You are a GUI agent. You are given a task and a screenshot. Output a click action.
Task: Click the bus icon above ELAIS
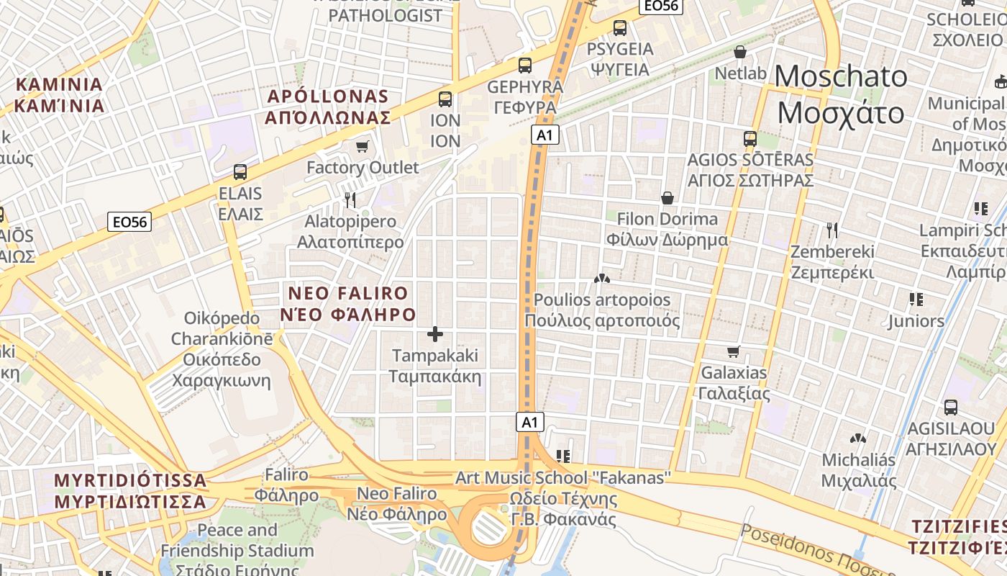[x=240, y=172]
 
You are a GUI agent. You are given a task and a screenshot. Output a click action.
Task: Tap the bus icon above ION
[x=445, y=99]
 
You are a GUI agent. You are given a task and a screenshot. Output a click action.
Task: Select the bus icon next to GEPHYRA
[x=525, y=66]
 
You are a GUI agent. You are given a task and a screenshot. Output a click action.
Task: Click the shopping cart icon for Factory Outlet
[x=362, y=147]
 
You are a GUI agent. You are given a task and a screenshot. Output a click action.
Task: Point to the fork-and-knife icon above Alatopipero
[x=350, y=199]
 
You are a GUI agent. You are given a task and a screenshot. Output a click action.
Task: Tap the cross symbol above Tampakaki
[x=435, y=334]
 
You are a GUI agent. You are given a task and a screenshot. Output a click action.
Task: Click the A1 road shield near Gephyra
[x=546, y=135]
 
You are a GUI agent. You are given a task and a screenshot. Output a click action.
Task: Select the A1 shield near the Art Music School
[x=530, y=422]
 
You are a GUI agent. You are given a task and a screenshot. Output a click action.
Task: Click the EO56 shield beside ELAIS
[x=130, y=222]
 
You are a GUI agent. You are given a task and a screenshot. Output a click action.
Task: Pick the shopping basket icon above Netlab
[x=740, y=53]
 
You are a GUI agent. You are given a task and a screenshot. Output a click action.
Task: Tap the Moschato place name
[x=841, y=94]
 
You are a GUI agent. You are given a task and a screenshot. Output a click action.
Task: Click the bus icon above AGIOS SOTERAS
[x=750, y=139]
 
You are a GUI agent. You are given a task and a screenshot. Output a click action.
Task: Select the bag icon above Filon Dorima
[x=667, y=198]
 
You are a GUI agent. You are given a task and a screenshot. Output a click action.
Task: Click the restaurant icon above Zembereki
[x=832, y=230]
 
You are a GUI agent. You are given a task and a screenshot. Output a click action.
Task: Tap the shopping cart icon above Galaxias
[x=734, y=352]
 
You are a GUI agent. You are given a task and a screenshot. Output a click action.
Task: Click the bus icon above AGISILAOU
[x=951, y=408]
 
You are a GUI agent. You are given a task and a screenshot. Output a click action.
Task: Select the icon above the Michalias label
[x=857, y=438]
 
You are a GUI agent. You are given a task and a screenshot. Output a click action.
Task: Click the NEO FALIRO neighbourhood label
[x=348, y=304]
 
